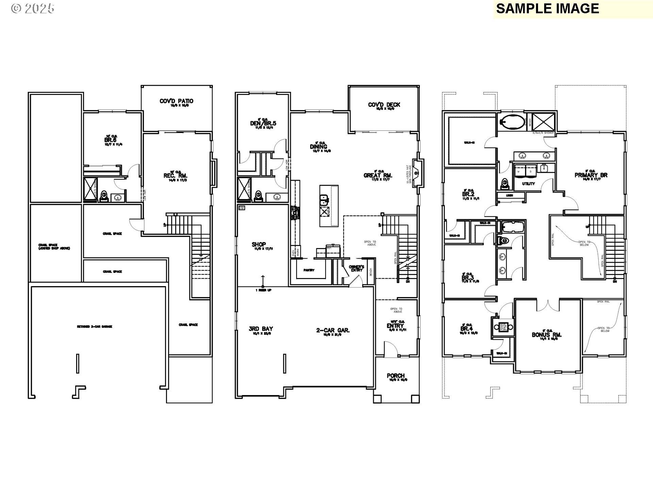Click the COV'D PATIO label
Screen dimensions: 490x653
176,101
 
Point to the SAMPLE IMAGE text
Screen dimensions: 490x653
547,9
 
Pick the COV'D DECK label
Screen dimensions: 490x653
384,105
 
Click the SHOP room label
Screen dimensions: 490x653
259,244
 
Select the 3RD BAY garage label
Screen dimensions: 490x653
261,329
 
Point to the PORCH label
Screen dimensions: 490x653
396,376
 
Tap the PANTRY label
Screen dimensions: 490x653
309,270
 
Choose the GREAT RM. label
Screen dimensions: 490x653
378,176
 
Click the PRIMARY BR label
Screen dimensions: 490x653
591,175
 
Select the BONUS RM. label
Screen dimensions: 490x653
547,335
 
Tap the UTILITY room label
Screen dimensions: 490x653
528,184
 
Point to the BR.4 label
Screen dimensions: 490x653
466,329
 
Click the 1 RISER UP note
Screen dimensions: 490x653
263,290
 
